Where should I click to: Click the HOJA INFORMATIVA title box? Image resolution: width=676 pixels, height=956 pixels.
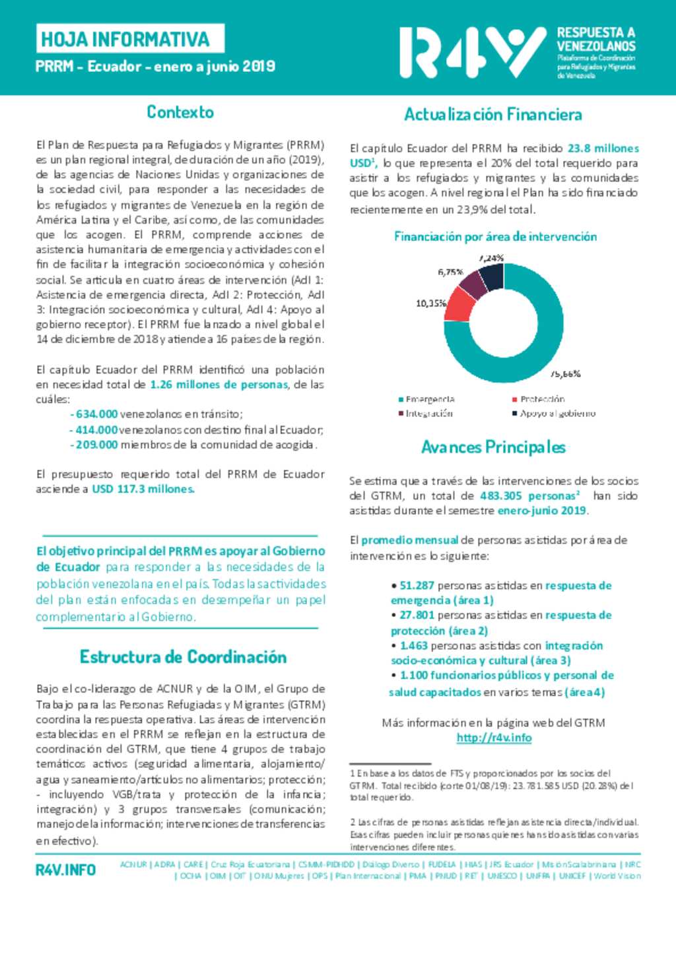130,39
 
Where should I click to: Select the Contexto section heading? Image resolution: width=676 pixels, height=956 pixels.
180,112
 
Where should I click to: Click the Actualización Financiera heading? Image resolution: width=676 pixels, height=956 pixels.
492,115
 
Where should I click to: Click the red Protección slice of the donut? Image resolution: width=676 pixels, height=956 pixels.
461,302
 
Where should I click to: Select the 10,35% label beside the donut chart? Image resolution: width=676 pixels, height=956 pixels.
430,303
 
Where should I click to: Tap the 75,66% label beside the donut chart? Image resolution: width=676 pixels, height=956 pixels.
565,374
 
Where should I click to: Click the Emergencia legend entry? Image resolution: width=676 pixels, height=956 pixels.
426,400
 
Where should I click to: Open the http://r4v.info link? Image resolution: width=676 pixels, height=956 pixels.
494,738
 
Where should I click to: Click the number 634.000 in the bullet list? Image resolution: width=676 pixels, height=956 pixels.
96,414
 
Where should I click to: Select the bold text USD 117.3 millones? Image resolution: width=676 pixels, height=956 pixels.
143,489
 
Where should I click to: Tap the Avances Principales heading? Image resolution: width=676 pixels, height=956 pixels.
493,447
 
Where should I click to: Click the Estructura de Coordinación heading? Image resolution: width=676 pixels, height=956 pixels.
183,657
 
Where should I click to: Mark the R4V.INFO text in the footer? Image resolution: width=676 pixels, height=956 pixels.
65,870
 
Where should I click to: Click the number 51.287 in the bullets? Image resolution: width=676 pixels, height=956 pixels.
417,586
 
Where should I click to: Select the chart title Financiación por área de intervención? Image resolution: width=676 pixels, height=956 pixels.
495,237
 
